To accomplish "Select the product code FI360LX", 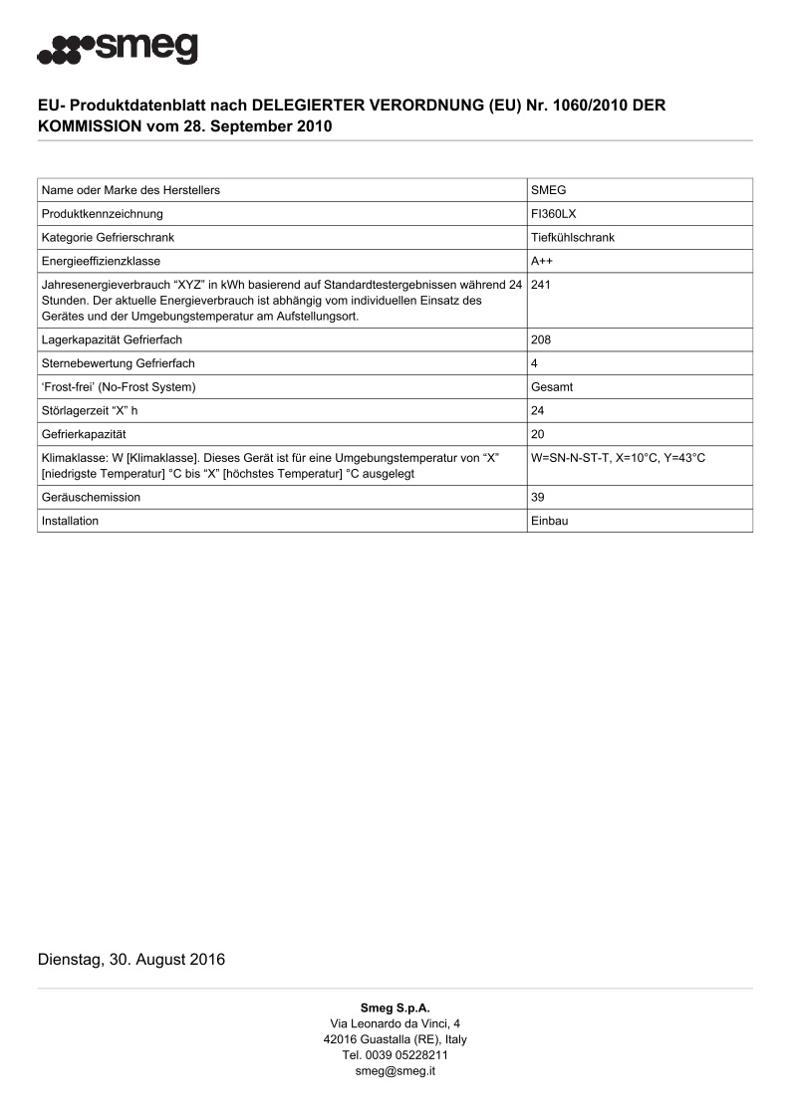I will click(x=553, y=214).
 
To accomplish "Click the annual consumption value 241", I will click(x=542, y=285).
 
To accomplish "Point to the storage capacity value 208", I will click(x=542, y=339).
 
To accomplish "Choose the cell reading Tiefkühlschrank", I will click(x=573, y=237).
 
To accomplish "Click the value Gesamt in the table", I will click(x=552, y=386).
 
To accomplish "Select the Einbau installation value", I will click(x=550, y=521).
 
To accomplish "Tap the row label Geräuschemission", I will click(x=91, y=497).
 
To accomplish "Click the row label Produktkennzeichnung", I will click(x=102, y=214).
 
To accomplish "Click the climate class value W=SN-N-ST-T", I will click(x=573, y=457).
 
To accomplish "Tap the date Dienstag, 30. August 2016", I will click(x=132, y=960).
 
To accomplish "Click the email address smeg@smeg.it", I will click(x=395, y=1071).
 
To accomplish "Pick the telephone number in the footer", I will click(x=395, y=1055).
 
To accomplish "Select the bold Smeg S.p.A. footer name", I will click(x=395, y=1007).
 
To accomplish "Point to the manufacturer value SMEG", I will click(x=549, y=190).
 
